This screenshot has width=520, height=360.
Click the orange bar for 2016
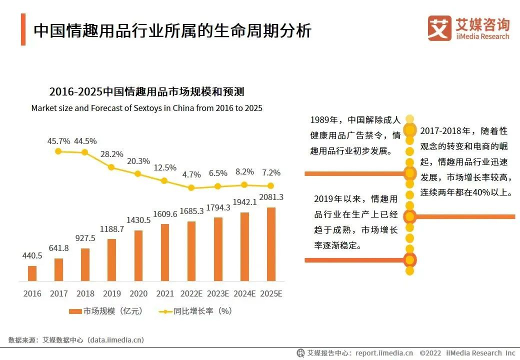pos(32,273)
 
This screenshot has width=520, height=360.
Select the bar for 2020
pos(138,255)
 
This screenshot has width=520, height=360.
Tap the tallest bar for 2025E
pos(271,244)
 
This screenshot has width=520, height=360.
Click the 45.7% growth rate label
pos(58,141)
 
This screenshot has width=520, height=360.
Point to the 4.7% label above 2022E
pos(191,174)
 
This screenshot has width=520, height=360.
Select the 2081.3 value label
pos(271,197)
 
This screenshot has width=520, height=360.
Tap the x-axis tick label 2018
pos(85,293)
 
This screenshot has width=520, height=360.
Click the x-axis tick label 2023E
pos(218,293)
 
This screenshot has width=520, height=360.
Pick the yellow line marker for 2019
pos(111,167)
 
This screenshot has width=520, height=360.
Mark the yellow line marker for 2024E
pos(244,184)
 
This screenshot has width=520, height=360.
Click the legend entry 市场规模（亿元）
pos(106,311)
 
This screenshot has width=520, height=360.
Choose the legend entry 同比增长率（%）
pos(195,311)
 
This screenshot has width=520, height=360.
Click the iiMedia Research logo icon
pos(439,28)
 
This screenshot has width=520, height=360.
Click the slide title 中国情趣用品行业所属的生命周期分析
pos(172,30)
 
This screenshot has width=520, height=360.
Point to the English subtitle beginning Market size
pos(146,108)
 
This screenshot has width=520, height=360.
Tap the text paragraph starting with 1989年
pos(355,135)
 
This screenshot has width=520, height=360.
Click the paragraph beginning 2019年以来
pos(355,222)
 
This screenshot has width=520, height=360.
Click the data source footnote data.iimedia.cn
pos(76,340)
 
